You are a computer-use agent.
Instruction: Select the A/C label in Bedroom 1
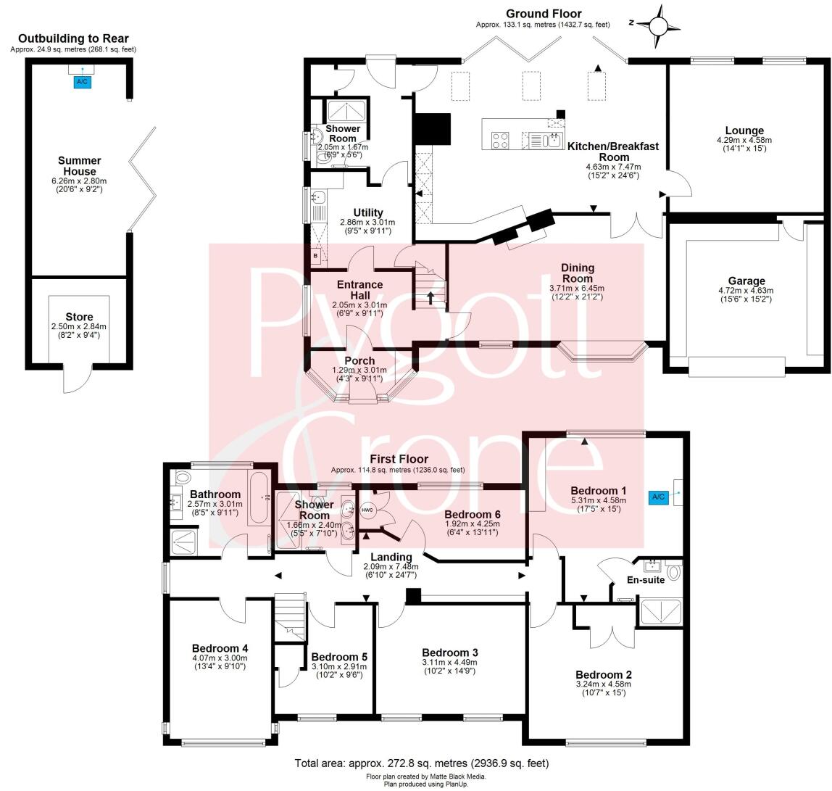click(658, 497)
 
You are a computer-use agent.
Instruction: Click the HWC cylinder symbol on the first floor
click(367, 509)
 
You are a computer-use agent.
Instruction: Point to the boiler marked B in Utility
click(316, 255)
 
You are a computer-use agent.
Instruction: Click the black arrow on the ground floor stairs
click(430, 297)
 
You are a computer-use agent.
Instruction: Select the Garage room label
click(746, 281)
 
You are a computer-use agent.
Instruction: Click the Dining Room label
click(577, 273)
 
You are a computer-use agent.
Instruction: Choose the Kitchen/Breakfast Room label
click(613, 151)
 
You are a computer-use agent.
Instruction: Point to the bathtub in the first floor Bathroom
click(259, 499)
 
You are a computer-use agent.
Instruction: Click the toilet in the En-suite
click(675, 571)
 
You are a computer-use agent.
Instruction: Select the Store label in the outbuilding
click(79, 317)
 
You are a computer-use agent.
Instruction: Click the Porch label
click(359, 360)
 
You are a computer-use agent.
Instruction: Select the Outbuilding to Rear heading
click(73, 38)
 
